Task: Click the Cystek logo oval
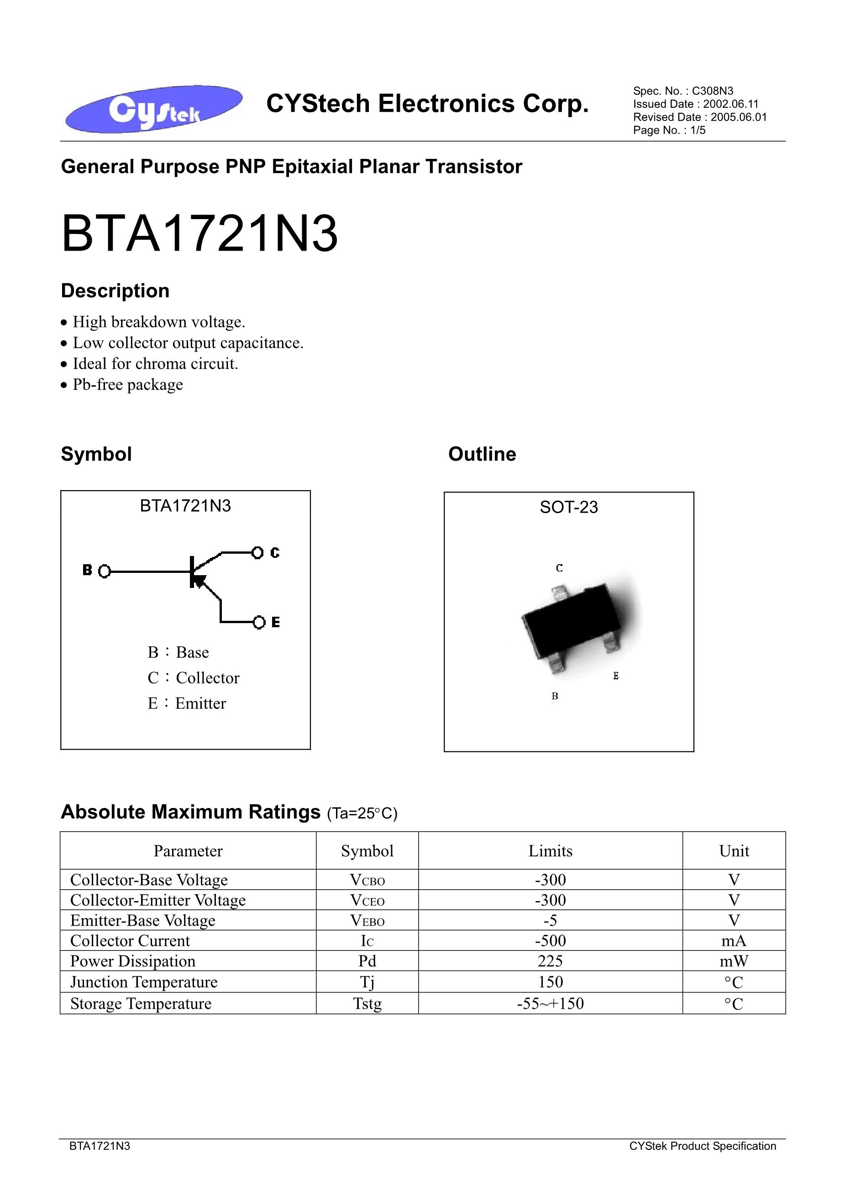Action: pos(153,109)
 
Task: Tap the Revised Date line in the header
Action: pos(700,117)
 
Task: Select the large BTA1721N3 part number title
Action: pos(199,235)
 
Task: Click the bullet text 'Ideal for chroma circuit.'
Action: pos(155,363)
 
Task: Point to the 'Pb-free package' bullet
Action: pos(128,384)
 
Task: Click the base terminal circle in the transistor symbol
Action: pos(105,572)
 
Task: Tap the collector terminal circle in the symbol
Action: pos(257,552)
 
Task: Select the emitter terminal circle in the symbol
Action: pos(259,622)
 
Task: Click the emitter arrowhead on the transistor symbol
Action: pos(199,580)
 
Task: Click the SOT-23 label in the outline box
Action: pos(568,507)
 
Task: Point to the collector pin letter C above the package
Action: pos(559,568)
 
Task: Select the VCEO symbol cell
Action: pos(367,900)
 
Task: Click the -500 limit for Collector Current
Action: pos(550,941)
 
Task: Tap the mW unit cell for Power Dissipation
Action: pos(734,961)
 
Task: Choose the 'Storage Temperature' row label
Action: pos(141,1004)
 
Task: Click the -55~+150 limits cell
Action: pos(550,1004)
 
